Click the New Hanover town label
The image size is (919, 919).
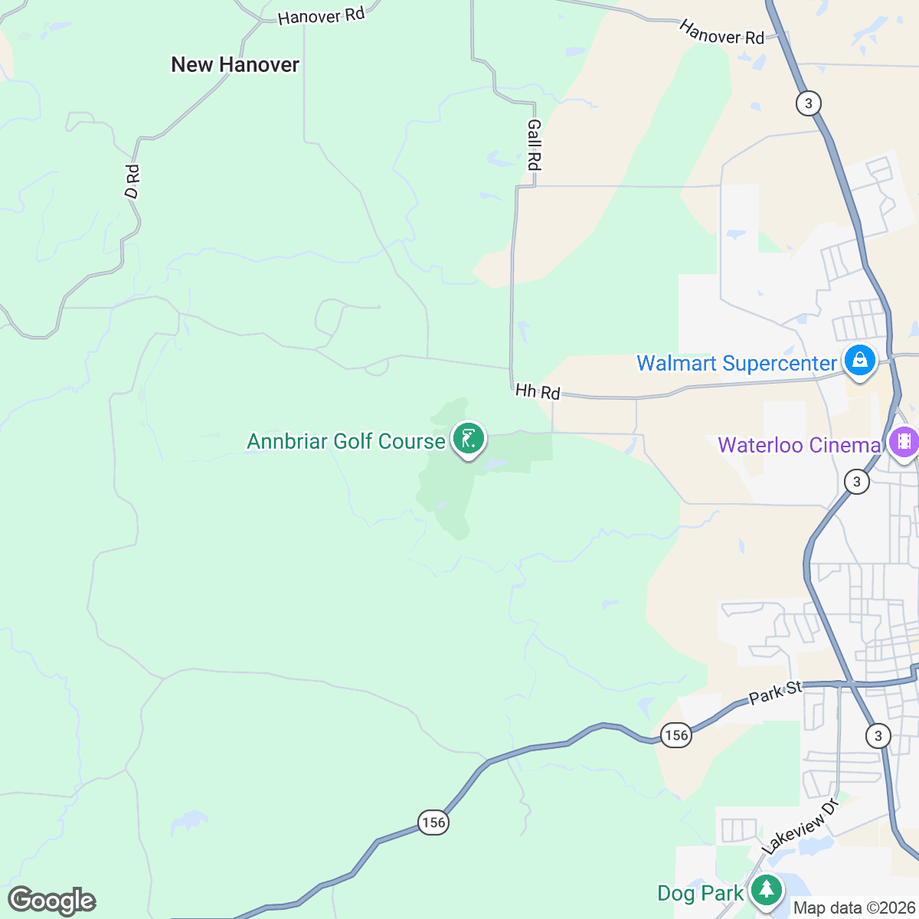235,65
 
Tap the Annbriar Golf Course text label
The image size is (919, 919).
345,442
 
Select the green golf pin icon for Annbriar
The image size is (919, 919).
468,440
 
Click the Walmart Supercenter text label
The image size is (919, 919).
737,363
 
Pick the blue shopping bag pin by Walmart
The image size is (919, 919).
859,360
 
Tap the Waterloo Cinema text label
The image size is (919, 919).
799,445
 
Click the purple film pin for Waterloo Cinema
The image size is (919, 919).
904,442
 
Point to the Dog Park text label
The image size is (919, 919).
700,894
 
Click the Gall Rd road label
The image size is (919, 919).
534,145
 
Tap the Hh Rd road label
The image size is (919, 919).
538,391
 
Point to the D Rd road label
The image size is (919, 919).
132,182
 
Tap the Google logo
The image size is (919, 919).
51,901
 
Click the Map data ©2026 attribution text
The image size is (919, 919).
853,908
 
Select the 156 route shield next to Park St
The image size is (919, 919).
676,735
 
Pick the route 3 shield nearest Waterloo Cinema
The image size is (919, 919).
856,482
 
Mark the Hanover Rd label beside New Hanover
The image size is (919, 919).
321,15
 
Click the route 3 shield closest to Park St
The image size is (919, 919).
878,736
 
